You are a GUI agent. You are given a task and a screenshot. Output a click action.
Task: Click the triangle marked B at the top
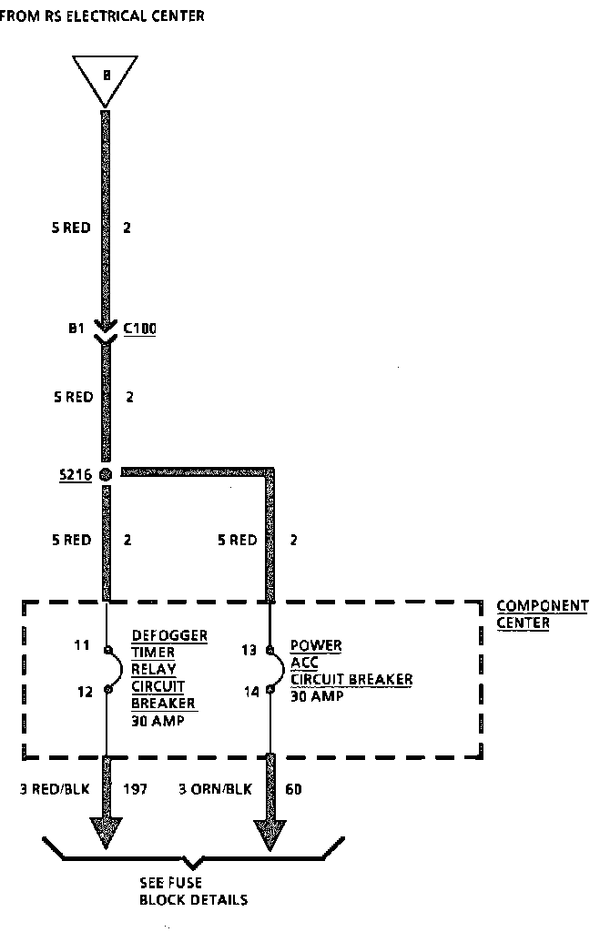tap(106, 78)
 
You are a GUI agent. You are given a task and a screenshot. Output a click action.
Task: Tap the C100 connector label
tap(139, 329)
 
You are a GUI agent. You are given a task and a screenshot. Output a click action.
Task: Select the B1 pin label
tap(76, 329)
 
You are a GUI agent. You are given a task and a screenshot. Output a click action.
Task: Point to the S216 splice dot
tap(107, 474)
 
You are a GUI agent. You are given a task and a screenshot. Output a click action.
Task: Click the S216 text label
tap(74, 474)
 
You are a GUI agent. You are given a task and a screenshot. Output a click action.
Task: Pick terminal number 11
tap(83, 645)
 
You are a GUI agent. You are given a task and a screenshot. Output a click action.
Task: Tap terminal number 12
tap(85, 692)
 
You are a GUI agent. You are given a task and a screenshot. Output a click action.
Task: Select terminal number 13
tap(249, 650)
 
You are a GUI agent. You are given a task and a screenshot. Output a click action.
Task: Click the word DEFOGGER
tap(168, 635)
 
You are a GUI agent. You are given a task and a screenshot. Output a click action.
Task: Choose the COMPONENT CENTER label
tap(542, 614)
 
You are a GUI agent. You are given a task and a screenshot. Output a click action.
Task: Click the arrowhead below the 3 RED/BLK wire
tap(107, 831)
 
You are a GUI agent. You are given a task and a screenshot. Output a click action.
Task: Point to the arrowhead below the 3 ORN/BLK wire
tap(270, 831)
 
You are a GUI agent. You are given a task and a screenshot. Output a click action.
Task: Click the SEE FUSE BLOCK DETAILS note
tap(193, 891)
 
